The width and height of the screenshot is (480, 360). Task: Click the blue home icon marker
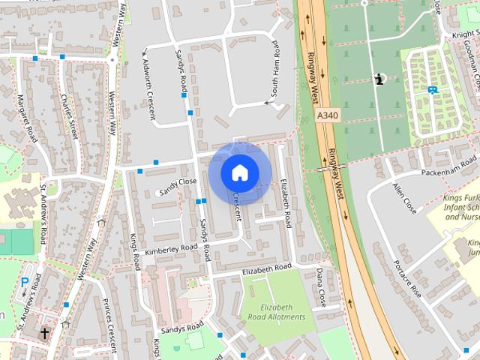pyautogui.click(x=239, y=172)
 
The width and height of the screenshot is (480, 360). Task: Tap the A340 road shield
pyautogui.click(x=327, y=115)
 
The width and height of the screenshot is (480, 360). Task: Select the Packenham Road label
pyautogui.click(x=448, y=166)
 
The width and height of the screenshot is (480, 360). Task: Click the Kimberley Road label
pyautogui.click(x=171, y=248)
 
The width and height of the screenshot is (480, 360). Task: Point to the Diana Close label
pyautogui.click(x=320, y=285)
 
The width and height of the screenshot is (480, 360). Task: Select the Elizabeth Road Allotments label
pyautogui.click(x=283, y=312)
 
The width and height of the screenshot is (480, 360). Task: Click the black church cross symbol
pyautogui.click(x=44, y=332)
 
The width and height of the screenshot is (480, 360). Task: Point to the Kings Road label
pyautogui.click(x=136, y=252)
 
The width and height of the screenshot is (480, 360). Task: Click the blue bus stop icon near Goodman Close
pyautogui.click(x=432, y=90)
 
